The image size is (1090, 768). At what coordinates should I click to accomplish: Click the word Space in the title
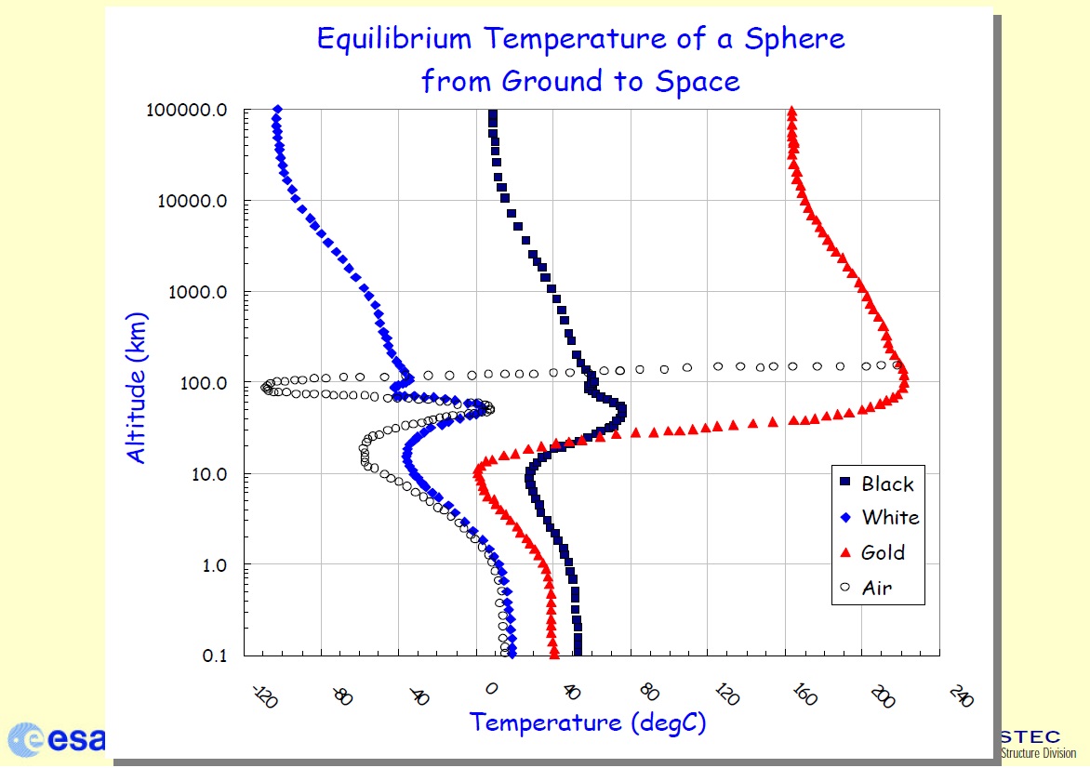697,81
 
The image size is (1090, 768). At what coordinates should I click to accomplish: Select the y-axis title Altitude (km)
137,387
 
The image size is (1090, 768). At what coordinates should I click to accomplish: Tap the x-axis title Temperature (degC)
587,722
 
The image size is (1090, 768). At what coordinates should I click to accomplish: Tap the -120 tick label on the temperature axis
265,695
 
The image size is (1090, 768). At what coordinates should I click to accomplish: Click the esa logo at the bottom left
56,738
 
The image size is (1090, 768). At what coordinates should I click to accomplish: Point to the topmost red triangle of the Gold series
791,111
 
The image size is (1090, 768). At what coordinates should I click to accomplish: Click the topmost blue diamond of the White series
277,111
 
